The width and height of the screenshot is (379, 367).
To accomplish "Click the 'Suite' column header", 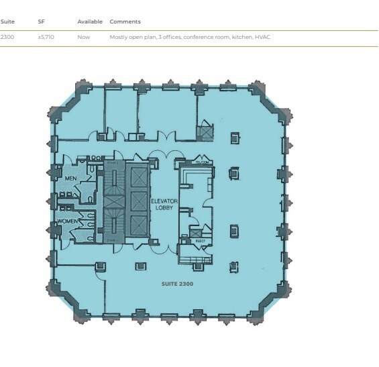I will point(8,21).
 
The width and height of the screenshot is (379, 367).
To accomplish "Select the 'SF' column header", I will point(41,21).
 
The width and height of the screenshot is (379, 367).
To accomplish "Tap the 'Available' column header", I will point(90,21).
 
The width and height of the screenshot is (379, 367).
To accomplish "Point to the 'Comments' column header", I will point(125,21).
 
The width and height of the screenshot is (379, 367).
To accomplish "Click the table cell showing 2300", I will point(8,37).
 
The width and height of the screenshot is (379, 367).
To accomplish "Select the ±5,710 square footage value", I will point(46,37).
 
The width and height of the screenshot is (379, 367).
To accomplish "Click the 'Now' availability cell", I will point(83,37).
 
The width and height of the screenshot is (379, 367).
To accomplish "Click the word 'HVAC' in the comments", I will point(263,37).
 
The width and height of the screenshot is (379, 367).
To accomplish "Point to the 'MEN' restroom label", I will point(71,178).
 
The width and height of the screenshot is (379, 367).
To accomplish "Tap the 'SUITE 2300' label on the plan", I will point(177,284).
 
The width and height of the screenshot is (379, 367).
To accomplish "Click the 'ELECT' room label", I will point(200,240).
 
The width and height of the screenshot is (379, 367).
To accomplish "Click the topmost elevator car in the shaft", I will point(138,178).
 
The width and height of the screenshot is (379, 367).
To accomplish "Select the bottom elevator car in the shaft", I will point(138,225).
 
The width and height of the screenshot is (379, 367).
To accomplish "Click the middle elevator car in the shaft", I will point(138,201).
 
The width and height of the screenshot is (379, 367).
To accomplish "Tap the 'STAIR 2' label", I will point(112,163).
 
